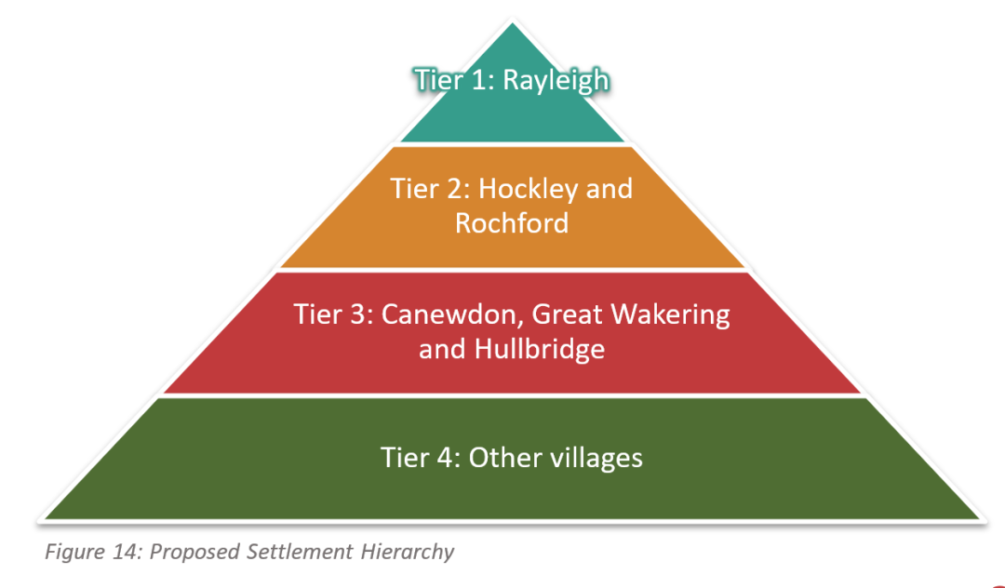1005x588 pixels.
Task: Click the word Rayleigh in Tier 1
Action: pyautogui.click(x=556, y=81)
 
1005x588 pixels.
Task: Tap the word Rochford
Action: pyautogui.click(x=512, y=223)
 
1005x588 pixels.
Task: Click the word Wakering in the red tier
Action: pyautogui.click(x=670, y=315)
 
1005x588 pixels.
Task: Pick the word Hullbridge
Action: pyautogui.click(x=539, y=349)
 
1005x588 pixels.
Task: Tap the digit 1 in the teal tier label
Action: pyautogui.click(x=476, y=81)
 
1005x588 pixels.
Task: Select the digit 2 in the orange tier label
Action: pyautogui.click(x=453, y=190)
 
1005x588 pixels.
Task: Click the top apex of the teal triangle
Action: pyautogui.click(x=512, y=23)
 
